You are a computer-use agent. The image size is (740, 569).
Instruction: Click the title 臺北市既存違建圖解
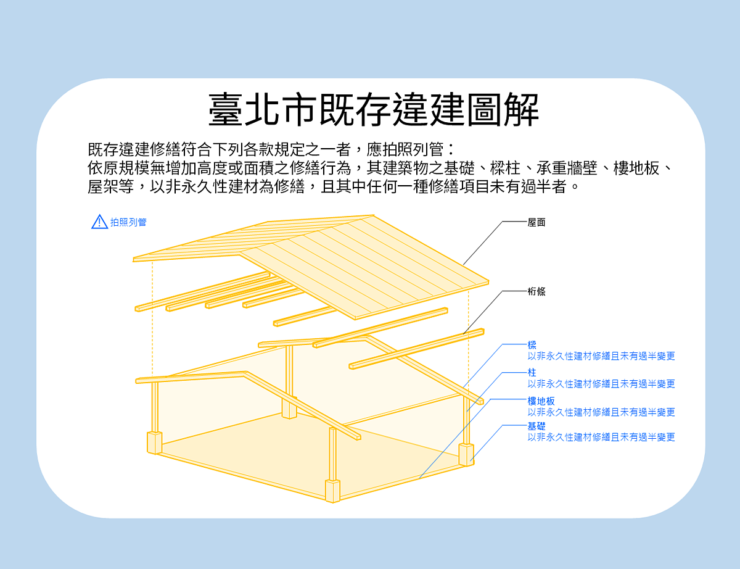click(373, 110)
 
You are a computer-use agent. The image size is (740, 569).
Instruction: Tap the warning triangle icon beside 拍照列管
click(99, 222)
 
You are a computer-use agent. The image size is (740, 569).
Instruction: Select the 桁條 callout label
click(536, 291)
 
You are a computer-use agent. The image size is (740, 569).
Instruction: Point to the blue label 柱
click(532, 373)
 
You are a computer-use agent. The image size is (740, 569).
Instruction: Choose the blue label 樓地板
click(541, 401)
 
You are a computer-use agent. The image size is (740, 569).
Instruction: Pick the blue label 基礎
click(536, 426)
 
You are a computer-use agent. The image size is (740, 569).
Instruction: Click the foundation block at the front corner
click(333, 491)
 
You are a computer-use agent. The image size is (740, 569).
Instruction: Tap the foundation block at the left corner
click(154, 442)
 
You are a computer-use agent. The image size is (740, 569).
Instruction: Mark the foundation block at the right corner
click(466, 454)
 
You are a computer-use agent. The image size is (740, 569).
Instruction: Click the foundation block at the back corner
click(289, 409)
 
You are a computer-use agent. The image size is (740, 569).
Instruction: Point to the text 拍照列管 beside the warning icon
click(129, 222)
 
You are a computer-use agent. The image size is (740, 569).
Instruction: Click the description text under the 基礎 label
click(601, 437)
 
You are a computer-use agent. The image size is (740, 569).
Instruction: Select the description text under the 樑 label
click(601, 356)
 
